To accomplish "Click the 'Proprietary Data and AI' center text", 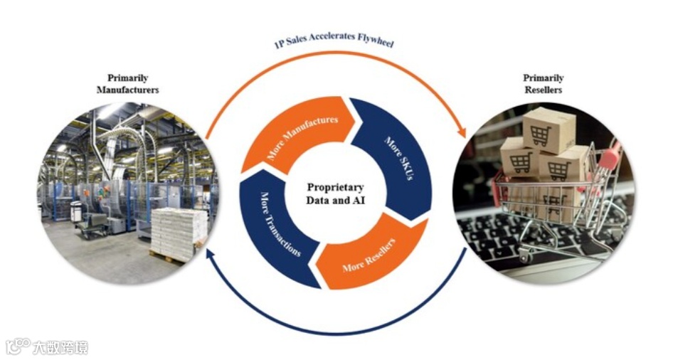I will pyautogui.click(x=335, y=193).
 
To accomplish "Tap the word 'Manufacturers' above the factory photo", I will pyautogui.click(x=127, y=90).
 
